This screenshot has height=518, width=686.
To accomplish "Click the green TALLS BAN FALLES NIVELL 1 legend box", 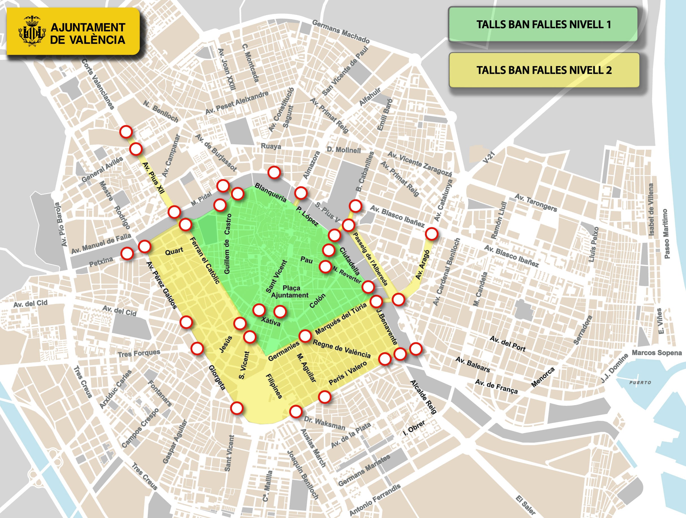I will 543,24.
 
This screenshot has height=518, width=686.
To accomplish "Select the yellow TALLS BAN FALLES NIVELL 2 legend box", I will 544,70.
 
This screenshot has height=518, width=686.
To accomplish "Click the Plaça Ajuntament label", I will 290,291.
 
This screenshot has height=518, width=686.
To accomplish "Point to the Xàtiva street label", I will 270,322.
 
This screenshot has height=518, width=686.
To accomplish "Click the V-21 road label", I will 489,157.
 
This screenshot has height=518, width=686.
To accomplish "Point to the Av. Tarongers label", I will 536,203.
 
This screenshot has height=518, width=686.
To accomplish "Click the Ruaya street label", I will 271,146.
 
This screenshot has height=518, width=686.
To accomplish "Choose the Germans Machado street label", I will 340,32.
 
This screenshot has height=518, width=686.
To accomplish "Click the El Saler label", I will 525,505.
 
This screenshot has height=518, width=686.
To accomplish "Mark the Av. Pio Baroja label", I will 61,225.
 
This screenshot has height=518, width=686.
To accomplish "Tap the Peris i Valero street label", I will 348,373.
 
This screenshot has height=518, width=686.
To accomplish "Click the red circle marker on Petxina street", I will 127,253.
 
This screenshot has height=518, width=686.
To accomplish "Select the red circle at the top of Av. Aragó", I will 431,234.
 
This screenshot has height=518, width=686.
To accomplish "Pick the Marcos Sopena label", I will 657,353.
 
